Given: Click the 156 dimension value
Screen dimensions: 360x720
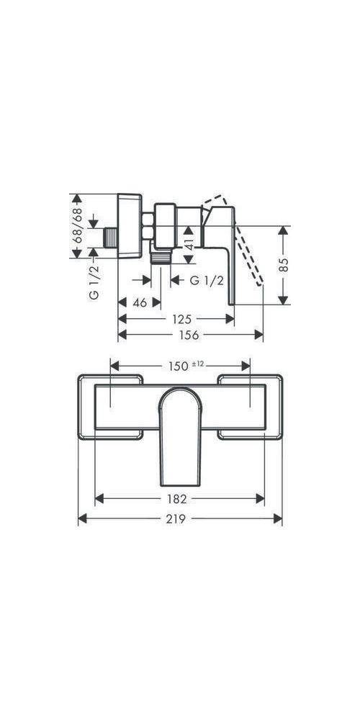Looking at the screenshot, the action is click(189, 336).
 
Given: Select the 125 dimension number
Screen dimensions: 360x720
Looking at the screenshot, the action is click(182, 319).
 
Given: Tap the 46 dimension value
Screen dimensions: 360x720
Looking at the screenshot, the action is click(140, 302).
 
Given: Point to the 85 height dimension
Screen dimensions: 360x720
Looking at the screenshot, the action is click(284, 265).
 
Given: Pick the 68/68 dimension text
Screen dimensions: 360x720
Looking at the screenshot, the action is click(77, 225).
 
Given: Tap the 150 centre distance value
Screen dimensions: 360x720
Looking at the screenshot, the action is click(179, 366).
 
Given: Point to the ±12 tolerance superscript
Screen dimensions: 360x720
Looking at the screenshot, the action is click(197, 364).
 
